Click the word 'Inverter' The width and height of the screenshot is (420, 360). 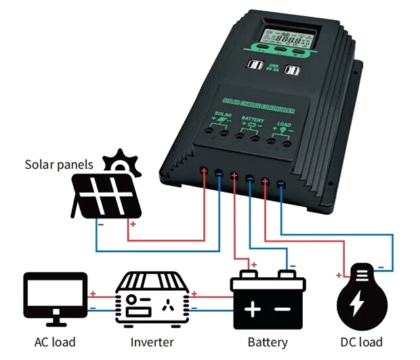tap(150, 342)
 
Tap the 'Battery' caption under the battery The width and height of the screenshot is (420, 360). tap(268, 342)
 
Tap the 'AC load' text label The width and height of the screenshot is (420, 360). tap(55, 342)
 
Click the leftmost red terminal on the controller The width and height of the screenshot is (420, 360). tap(204, 171)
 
